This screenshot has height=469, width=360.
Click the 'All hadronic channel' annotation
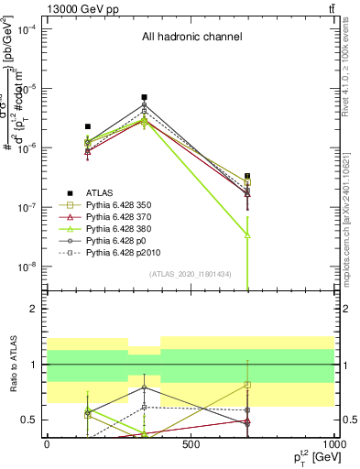click(191, 37)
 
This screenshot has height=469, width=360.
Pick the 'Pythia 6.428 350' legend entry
click(124, 204)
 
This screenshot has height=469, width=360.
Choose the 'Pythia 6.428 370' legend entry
click(124, 216)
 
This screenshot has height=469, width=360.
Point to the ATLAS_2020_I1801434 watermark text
click(191, 274)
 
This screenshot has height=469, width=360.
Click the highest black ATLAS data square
click(144, 97)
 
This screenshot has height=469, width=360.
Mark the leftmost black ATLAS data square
click(88, 126)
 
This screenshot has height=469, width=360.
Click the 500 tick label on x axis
click(191, 445)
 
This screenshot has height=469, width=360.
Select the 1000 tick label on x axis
click(333, 445)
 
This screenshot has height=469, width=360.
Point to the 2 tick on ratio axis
click(34, 309)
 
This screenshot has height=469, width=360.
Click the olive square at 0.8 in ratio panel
click(247, 385)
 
